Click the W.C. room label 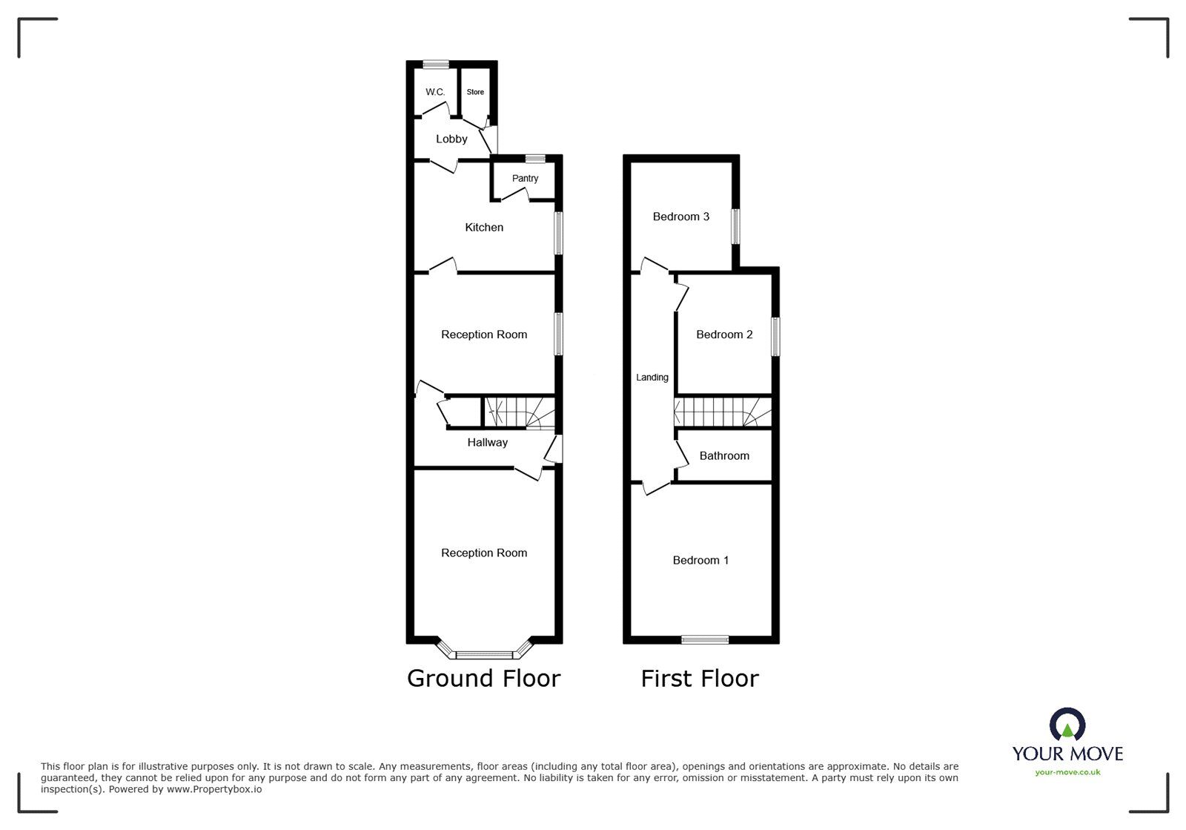435,92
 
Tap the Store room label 475,92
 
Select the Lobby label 451,139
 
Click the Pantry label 525,178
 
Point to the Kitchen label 484,227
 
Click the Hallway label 487,442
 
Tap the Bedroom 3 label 680,217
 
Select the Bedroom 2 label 724,335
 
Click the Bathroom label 724,455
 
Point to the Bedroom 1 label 700,560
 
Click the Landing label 652,378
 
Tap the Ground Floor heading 483,678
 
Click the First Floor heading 700,678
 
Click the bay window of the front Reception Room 484,654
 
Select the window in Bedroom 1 705,639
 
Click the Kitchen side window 559,234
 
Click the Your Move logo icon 1067,725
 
